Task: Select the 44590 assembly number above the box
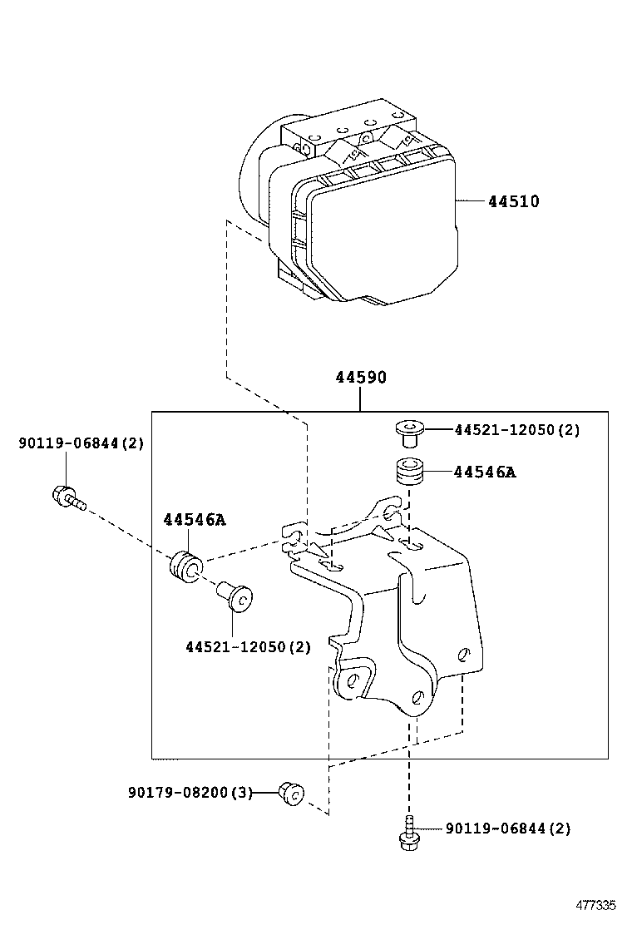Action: click(x=361, y=378)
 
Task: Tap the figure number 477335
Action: click(x=597, y=904)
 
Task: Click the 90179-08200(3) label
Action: click(x=190, y=792)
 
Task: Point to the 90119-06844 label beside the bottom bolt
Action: click(x=508, y=829)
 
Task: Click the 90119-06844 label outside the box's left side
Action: click(x=81, y=443)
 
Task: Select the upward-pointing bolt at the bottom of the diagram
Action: click(x=407, y=833)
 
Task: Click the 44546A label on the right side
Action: click(x=485, y=472)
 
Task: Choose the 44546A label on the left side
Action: click(x=195, y=520)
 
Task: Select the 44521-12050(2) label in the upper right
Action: click(x=517, y=430)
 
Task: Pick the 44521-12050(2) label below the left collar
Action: click(x=248, y=646)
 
